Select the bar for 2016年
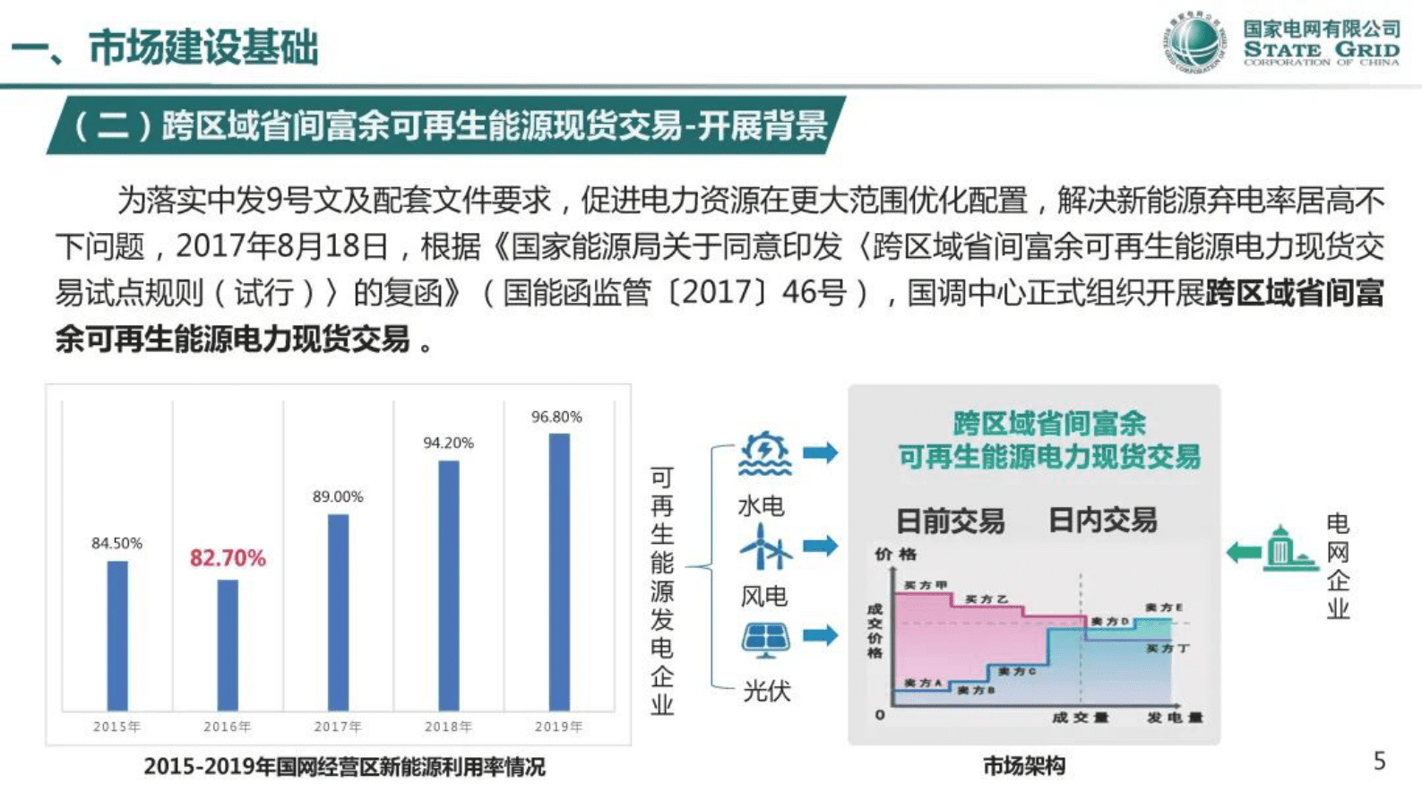228,645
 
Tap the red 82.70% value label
228,558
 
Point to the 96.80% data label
556,417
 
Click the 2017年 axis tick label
338,727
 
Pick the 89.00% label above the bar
338,496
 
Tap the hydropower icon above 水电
763,454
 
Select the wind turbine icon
763,547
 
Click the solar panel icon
765,640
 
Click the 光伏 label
766,691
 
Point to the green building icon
1287,549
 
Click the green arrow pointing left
1243,552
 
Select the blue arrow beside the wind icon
820,546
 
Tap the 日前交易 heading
950,521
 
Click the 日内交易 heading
1102,520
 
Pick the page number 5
1379,761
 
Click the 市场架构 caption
1023,766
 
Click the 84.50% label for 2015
116,543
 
